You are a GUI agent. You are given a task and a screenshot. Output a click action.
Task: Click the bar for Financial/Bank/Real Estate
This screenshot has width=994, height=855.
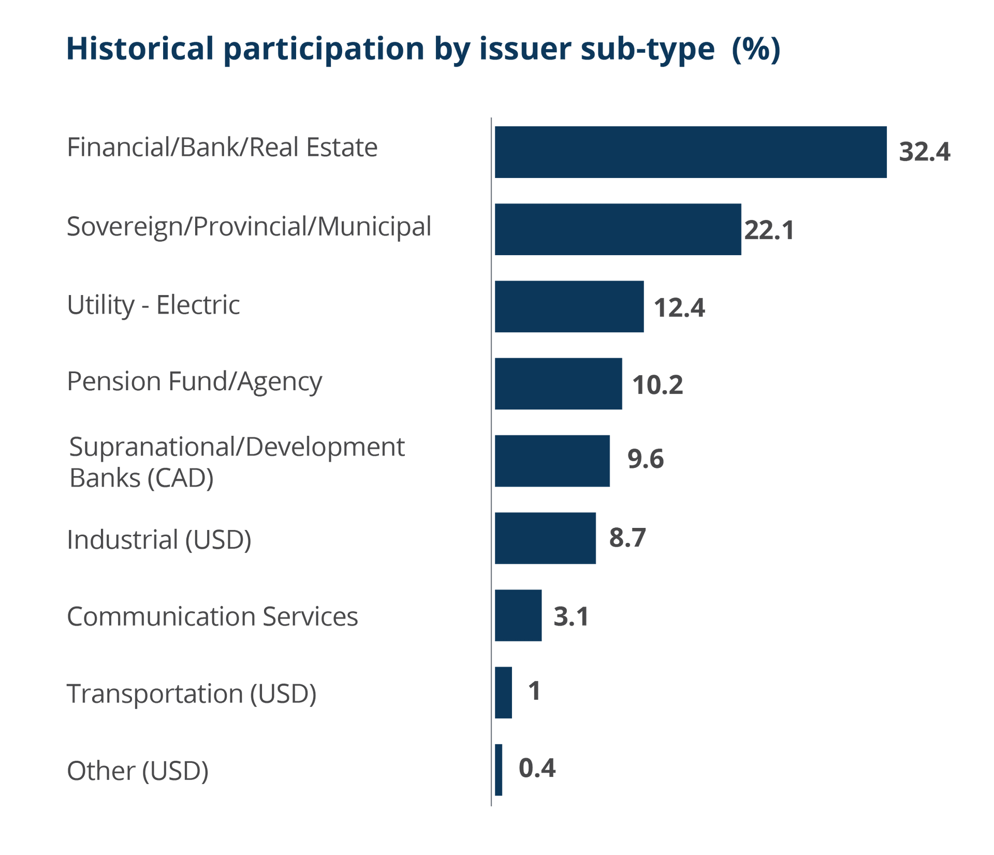[690, 152]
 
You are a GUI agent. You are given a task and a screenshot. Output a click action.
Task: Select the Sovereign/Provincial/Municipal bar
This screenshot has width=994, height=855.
[618, 229]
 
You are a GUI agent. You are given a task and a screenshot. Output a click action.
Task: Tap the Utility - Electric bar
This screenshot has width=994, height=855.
[569, 306]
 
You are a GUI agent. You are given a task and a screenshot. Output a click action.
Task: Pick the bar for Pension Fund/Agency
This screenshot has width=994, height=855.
[558, 384]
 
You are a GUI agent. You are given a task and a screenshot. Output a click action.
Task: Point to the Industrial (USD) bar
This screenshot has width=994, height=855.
[545, 538]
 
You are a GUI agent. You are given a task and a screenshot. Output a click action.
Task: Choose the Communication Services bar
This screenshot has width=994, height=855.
[518, 616]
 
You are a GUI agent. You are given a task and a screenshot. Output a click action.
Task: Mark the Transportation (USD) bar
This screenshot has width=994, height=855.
[503, 692]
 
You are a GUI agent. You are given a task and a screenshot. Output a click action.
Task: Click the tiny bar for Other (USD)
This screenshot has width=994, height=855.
[498, 770]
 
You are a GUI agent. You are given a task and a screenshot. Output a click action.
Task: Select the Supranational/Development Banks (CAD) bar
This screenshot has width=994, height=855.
[552, 461]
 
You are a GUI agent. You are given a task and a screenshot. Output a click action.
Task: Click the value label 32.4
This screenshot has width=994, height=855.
[925, 152]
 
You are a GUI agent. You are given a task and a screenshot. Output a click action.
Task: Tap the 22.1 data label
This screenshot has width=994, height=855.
[769, 230]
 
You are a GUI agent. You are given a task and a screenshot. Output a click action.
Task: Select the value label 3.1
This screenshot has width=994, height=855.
[571, 616]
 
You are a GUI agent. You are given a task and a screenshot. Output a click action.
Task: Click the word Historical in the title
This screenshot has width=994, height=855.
[140, 49]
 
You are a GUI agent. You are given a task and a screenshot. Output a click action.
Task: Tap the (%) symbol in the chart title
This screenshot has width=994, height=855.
[756, 49]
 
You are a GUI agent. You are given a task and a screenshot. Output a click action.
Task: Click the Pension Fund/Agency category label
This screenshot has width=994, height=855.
[195, 382]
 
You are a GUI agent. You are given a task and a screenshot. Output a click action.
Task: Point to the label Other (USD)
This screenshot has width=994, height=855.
[138, 771]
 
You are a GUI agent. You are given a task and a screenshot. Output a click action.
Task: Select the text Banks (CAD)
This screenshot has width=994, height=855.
[142, 478]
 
